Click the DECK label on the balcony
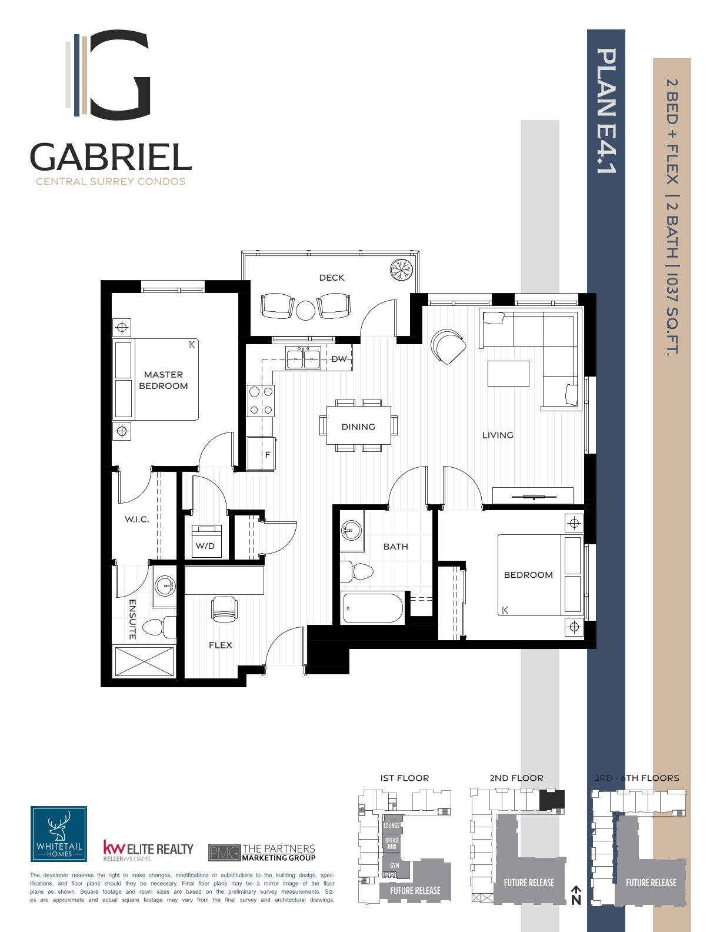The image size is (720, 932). [332, 278]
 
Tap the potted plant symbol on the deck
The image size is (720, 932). [401, 270]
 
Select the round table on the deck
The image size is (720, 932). [305, 311]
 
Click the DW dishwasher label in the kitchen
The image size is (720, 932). [339, 358]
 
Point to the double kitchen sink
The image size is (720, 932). [303, 358]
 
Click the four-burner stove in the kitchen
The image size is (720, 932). [261, 401]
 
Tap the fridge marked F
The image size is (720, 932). [261, 453]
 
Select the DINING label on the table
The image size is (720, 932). [358, 427]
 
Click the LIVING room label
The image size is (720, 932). [498, 435]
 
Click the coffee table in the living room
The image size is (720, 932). [508, 374]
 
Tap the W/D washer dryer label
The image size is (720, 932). [205, 546]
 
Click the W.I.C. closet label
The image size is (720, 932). [137, 520]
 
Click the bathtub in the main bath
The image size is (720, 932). [372, 608]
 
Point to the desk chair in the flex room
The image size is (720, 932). [224, 610]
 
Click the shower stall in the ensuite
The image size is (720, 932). [145, 662]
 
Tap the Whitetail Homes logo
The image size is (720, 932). [59, 834]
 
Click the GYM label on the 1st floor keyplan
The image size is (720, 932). [395, 866]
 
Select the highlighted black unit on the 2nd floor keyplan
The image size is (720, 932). [552, 800]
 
